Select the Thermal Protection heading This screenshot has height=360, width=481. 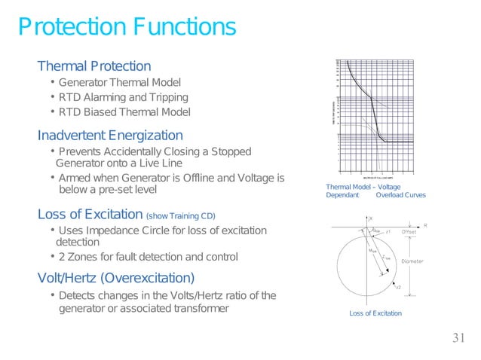tap(94, 66)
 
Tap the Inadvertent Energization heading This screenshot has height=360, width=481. tap(110, 136)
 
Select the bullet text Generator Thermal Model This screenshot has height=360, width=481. tap(120, 82)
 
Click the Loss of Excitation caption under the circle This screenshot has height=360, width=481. tap(375, 313)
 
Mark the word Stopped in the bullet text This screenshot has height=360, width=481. tap(231, 151)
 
